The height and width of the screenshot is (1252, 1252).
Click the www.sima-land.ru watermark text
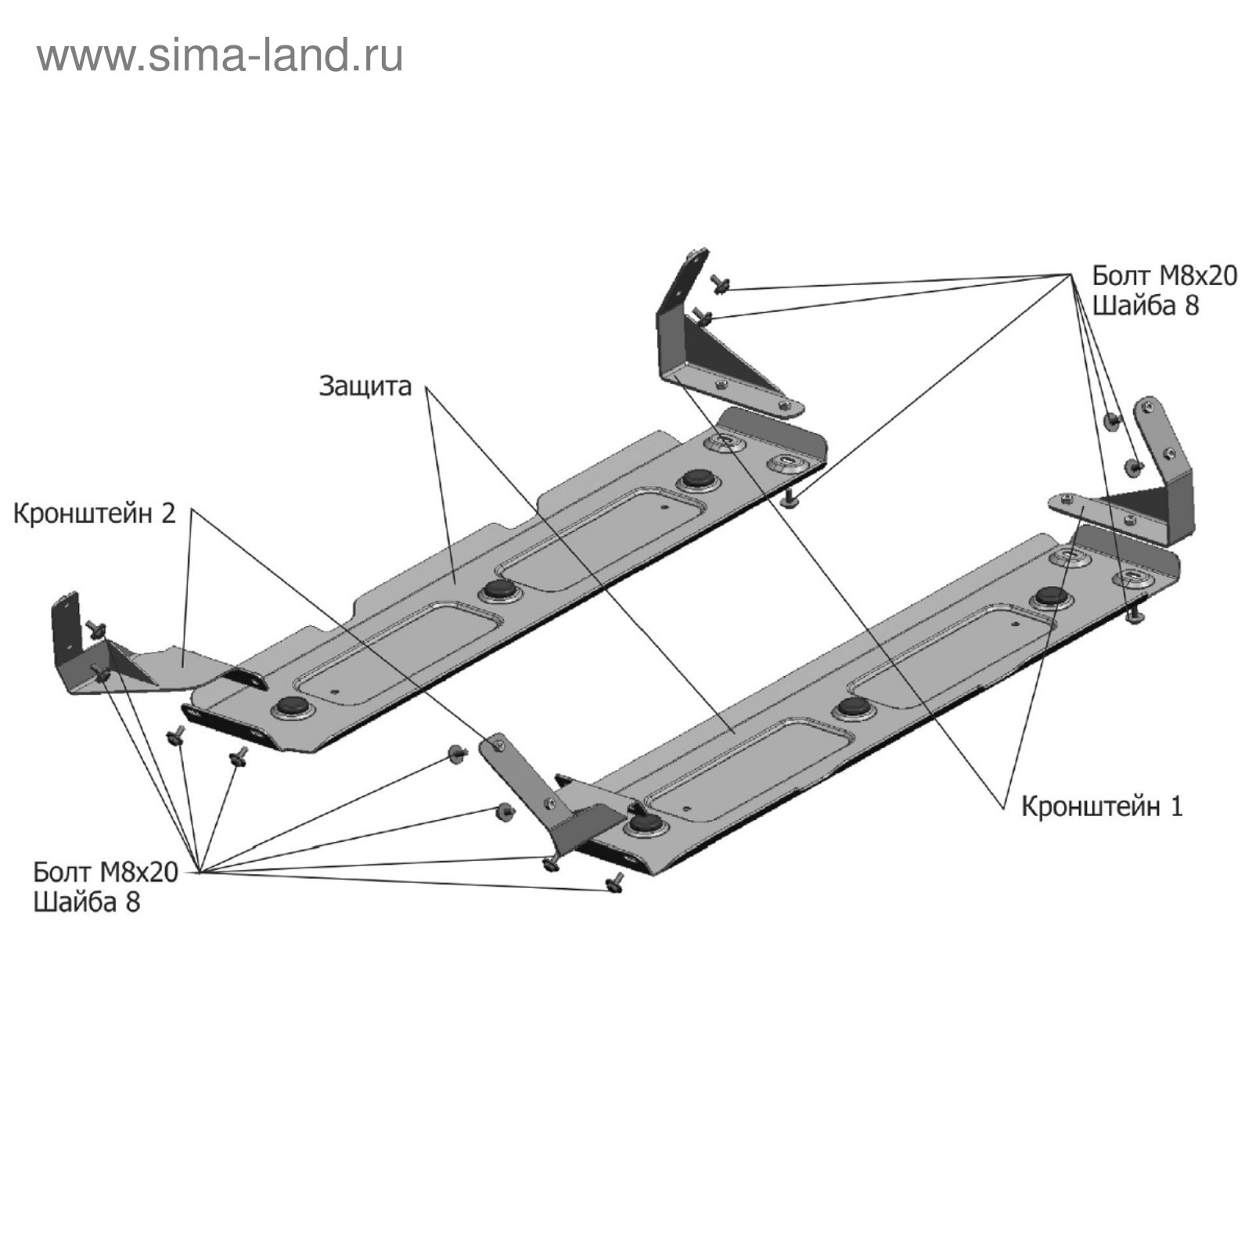tap(220, 56)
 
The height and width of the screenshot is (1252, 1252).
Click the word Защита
tap(365, 386)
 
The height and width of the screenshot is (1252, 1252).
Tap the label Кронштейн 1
tap(1102, 807)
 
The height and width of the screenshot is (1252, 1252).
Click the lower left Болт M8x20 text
tap(106, 872)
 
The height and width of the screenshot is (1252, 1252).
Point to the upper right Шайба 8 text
tap(1145, 305)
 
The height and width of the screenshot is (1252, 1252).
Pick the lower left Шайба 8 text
tap(86, 901)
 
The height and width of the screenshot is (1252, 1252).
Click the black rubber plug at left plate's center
tap(497, 590)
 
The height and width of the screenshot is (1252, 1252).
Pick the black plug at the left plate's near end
tap(292, 706)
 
